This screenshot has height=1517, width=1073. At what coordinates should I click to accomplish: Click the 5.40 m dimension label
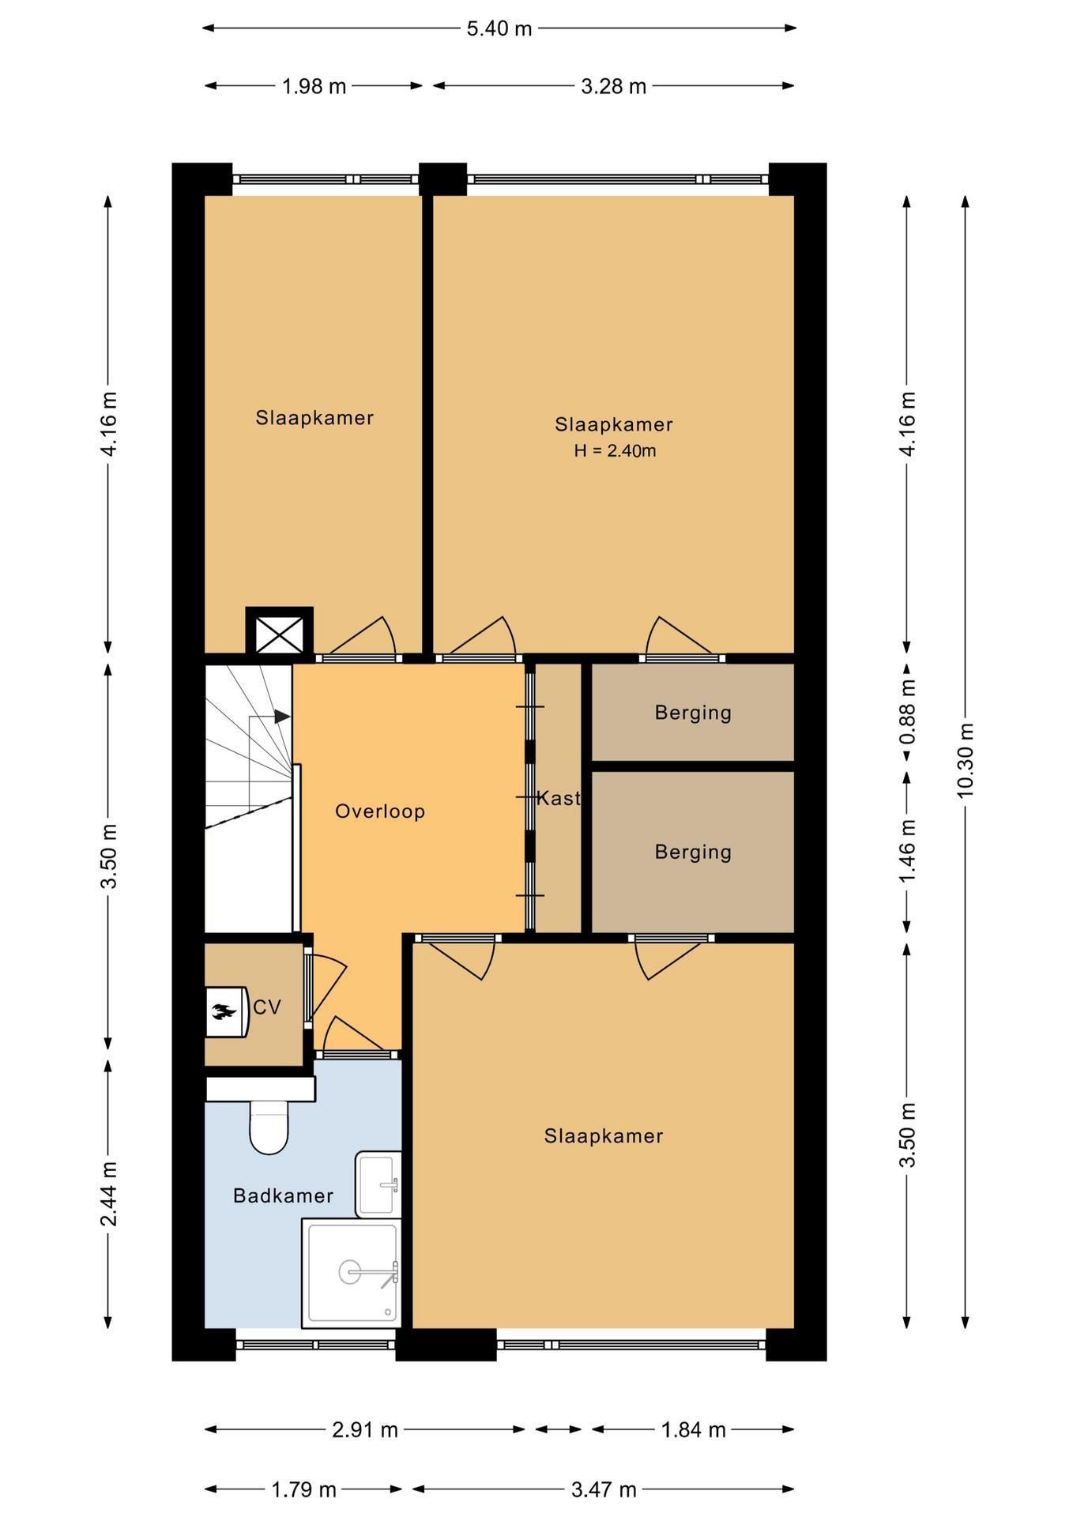pyautogui.click(x=499, y=28)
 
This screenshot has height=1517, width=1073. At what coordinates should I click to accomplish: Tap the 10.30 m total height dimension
pyautogui.click(x=966, y=760)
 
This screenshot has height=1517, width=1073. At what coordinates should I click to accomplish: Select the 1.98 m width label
pyautogui.click(x=314, y=86)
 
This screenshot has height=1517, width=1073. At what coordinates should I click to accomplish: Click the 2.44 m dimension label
pyautogui.click(x=109, y=1193)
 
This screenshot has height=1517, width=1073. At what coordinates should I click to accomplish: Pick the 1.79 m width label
pyautogui.click(x=304, y=1490)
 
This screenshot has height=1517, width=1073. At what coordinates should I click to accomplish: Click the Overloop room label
pyautogui.click(x=380, y=811)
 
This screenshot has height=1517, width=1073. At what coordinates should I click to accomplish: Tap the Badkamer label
pyautogui.click(x=283, y=1195)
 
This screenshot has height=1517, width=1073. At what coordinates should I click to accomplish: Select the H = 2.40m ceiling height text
pyautogui.click(x=615, y=451)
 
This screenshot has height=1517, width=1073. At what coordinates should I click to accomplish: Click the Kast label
pyautogui.click(x=559, y=798)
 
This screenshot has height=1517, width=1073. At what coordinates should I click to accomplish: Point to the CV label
pyautogui.click(x=267, y=1007)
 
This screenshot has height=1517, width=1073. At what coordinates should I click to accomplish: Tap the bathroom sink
pyautogui.click(x=378, y=1184)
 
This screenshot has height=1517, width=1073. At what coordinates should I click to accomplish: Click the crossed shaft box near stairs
pyautogui.click(x=279, y=631)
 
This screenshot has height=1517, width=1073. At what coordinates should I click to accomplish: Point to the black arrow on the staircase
pyautogui.click(x=282, y=717)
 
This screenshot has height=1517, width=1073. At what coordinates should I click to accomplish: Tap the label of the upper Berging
pyautogui.click(x=693, y=713)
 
